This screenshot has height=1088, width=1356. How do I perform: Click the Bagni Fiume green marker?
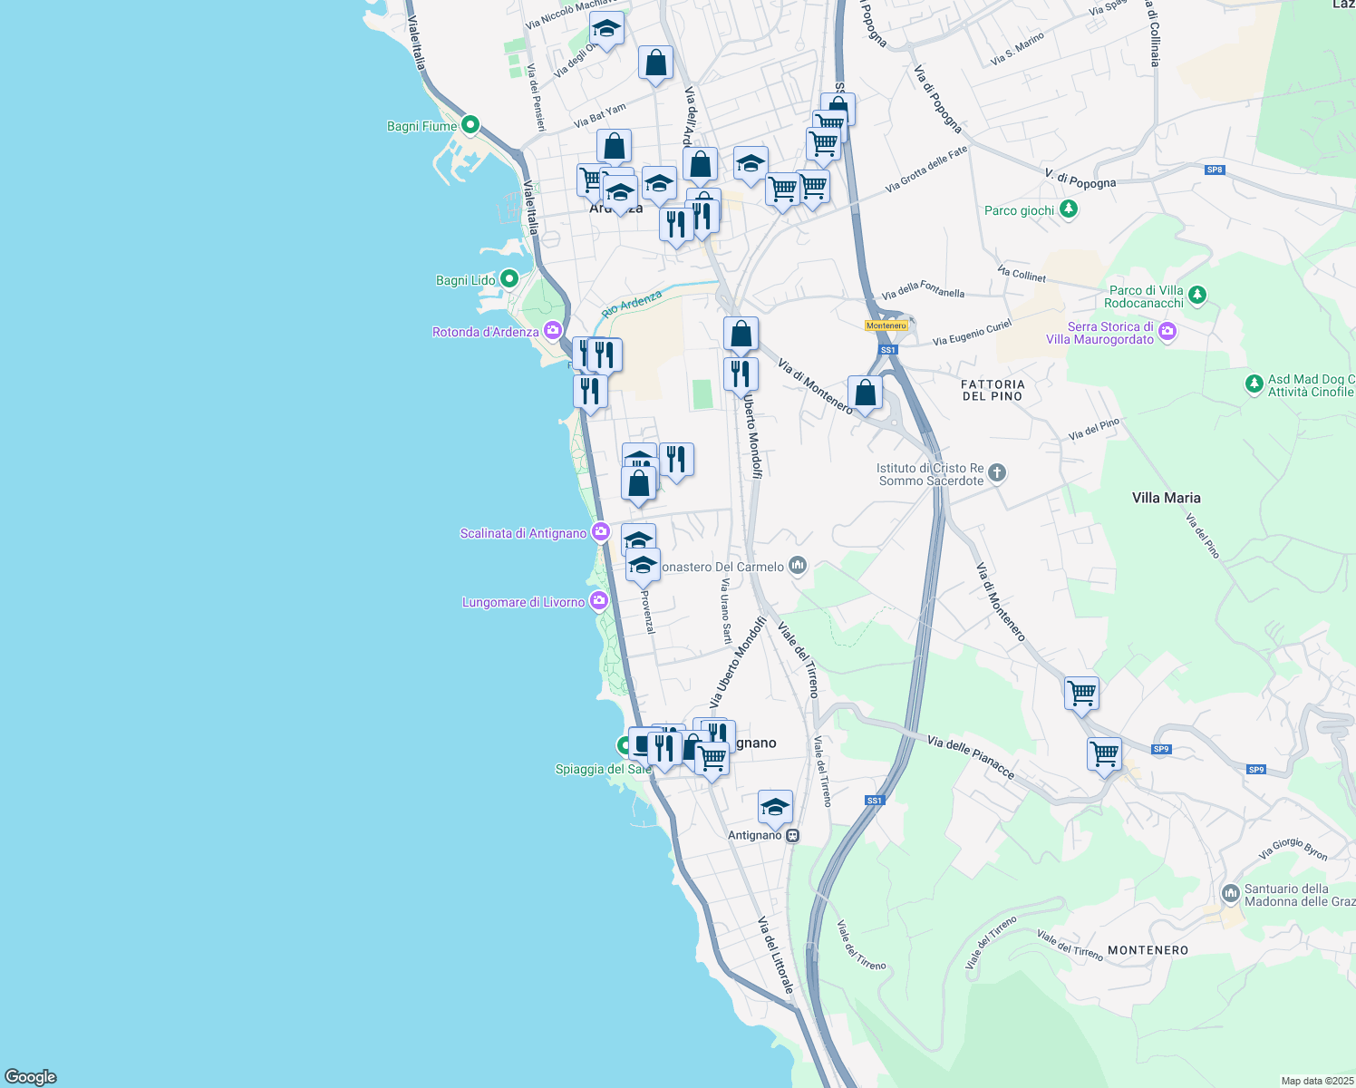[470, 125]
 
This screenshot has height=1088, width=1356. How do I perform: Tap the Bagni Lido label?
[466, 280]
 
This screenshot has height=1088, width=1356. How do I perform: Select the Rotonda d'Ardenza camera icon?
[552, 331]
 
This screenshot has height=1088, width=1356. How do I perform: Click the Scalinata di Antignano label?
[523, 533]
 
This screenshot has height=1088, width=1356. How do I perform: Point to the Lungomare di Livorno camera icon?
[598, 601]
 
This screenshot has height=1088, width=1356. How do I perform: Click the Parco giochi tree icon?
[1070, 209]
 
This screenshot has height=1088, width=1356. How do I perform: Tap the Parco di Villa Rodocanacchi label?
[1146, 296]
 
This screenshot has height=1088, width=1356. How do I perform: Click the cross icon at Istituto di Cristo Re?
[997, 472]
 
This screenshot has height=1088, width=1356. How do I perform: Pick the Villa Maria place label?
[1166, 498]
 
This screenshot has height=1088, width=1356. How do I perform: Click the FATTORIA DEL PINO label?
[993, 390]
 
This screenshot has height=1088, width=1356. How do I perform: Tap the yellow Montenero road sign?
[886, 325]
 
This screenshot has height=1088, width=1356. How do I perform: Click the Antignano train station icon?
[793, 835]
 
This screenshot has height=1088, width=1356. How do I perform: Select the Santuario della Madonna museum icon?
[1230, 893]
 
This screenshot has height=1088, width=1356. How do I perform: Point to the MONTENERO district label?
[1148, 950]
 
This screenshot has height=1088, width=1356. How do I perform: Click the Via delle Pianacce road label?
[971, 757]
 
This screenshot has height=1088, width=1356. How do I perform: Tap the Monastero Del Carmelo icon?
[798, 566]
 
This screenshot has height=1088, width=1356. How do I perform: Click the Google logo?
[31, 1076]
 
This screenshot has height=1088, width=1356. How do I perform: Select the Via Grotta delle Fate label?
[926, 170]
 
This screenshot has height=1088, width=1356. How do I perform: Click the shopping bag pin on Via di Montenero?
[865, 393]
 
